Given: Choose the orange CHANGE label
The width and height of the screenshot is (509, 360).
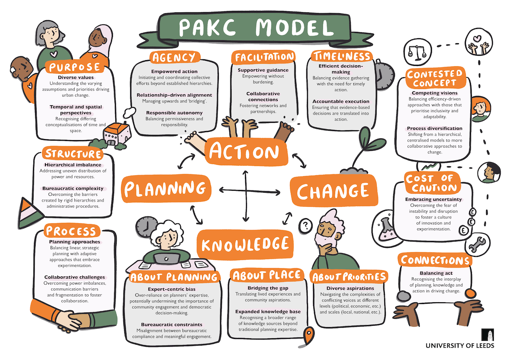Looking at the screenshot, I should coord(333,191).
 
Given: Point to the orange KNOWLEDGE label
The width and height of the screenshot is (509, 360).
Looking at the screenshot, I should coord(245,244).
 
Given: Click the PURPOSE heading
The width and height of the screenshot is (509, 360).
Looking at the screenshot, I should coord(75,67).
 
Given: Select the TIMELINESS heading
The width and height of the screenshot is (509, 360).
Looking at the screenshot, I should coord(341,56).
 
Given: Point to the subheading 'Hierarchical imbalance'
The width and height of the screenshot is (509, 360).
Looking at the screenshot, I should coord(73,165).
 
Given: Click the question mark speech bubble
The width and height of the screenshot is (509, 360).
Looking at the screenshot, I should coord(304,225).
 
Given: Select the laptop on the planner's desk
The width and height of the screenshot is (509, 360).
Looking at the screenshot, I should coord(164,258).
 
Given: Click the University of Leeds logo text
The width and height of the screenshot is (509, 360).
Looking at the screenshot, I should coord(460,345).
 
